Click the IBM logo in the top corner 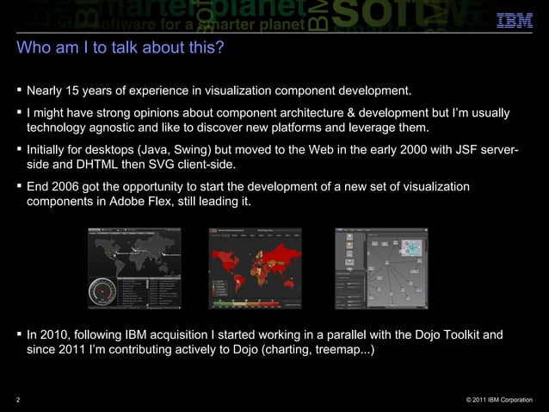515,19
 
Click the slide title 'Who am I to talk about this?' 120,48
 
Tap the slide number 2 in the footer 18,399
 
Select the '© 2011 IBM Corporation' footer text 499,399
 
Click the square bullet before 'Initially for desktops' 19,149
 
